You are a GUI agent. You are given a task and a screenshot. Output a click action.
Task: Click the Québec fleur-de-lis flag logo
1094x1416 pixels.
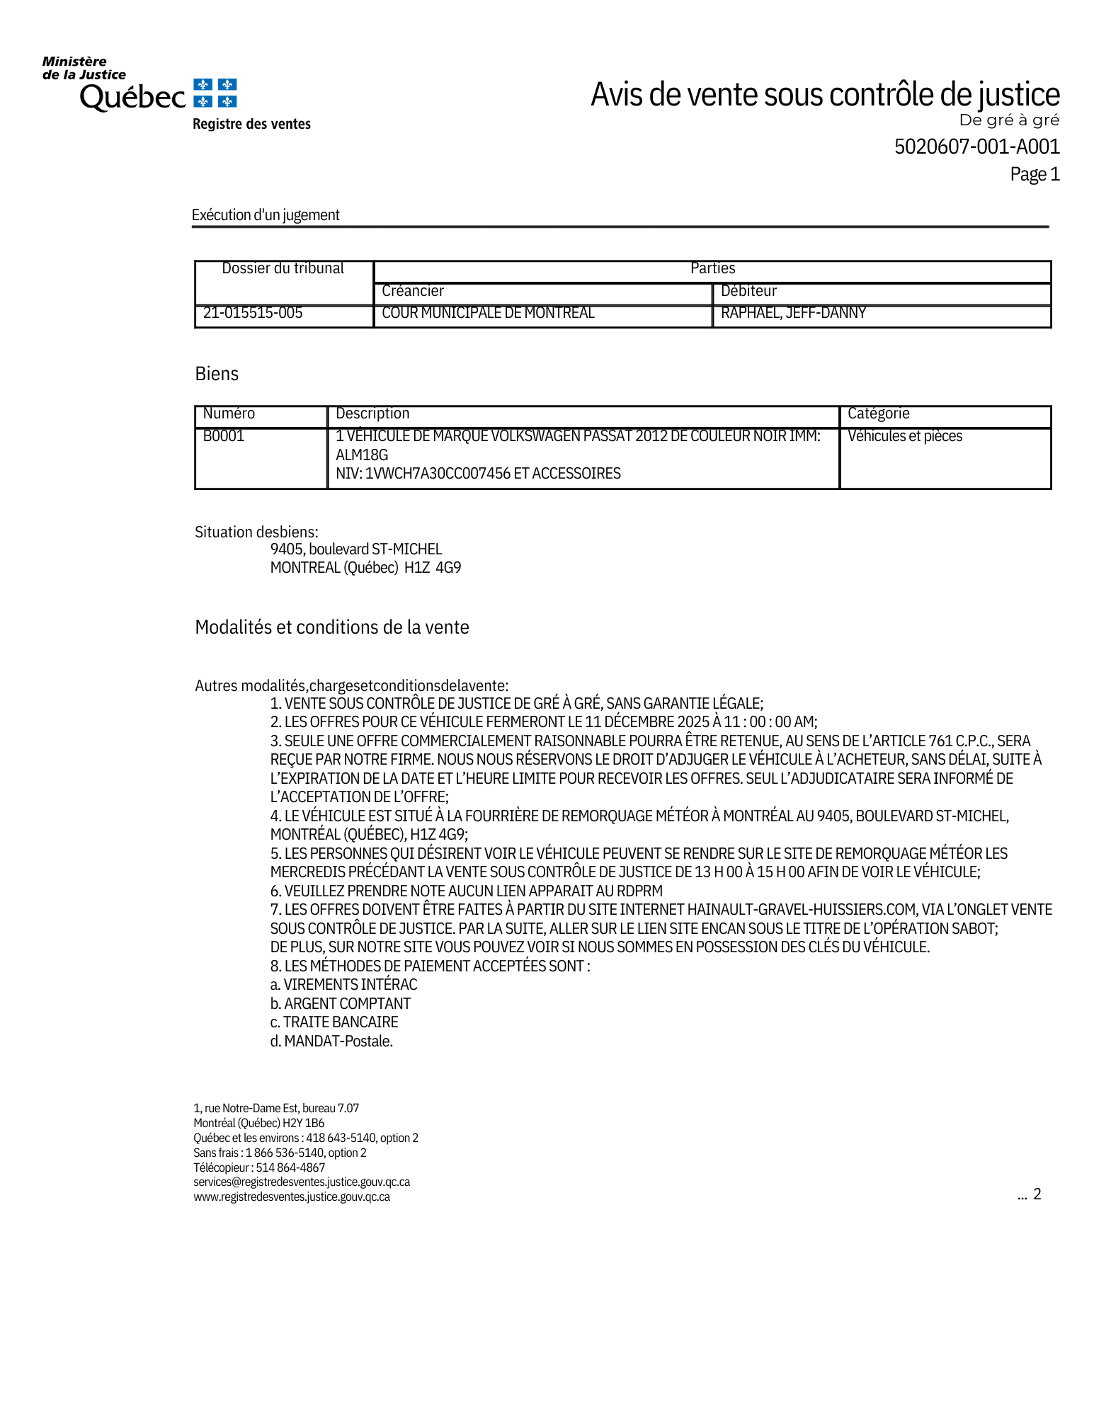pyautogui.click(x=215, y=93)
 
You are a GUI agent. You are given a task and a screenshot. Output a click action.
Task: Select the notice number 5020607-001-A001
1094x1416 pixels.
pyautogui.click(x=976, y=147)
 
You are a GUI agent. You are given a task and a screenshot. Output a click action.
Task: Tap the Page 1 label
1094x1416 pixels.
pyautogui.click(x=1035, y=174)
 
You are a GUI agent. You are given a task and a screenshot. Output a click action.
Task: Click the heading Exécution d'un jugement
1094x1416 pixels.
pyautogui.click(x=266, y=215)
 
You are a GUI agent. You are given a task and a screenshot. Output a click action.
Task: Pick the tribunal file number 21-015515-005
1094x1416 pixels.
pyautogui.click(x=253, y=313)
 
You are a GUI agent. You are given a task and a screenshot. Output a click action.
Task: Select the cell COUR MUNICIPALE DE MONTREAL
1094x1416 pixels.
pyautogui.click(x=488, y=313)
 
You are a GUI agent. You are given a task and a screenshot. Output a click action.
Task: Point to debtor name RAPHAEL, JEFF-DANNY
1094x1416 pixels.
pyautogui.click(x=793, y=313)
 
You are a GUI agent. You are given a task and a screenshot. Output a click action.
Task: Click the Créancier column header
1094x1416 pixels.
pyautogui.click(x=413, y=291)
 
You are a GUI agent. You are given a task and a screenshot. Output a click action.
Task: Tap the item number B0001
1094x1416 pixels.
pyautogui.click(x=224, y=436)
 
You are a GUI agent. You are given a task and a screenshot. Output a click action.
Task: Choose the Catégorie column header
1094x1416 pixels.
pyautogui.click(x=878, y=413)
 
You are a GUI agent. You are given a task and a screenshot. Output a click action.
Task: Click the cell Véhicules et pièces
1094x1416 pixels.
pyautogui.click(x=904, y=436)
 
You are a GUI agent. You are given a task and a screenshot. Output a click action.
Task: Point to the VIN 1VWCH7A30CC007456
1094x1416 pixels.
pyautogui.click(x=438, y=474)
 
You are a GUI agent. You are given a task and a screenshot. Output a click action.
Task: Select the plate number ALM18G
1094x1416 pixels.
pyautogui.click(x=362, y=455)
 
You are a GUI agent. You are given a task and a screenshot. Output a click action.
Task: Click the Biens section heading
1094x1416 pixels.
pyautogui.click(x=217, y=374)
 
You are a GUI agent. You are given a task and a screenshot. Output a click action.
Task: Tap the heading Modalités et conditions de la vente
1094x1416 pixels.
pyautogui.click(x=332, y=627)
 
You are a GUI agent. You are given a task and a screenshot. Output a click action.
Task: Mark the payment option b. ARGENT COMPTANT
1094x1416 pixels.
pyautogui.click(x=341, y=1004)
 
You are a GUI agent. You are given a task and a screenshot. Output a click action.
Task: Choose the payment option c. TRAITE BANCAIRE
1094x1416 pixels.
pyautogui.click(x=334, y=1022)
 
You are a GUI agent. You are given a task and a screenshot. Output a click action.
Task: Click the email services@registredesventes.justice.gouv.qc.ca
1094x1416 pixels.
pyautogui.click(x=302, y=1182)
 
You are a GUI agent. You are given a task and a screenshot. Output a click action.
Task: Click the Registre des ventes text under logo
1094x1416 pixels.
pyautogui.click(x=251, y=125)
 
